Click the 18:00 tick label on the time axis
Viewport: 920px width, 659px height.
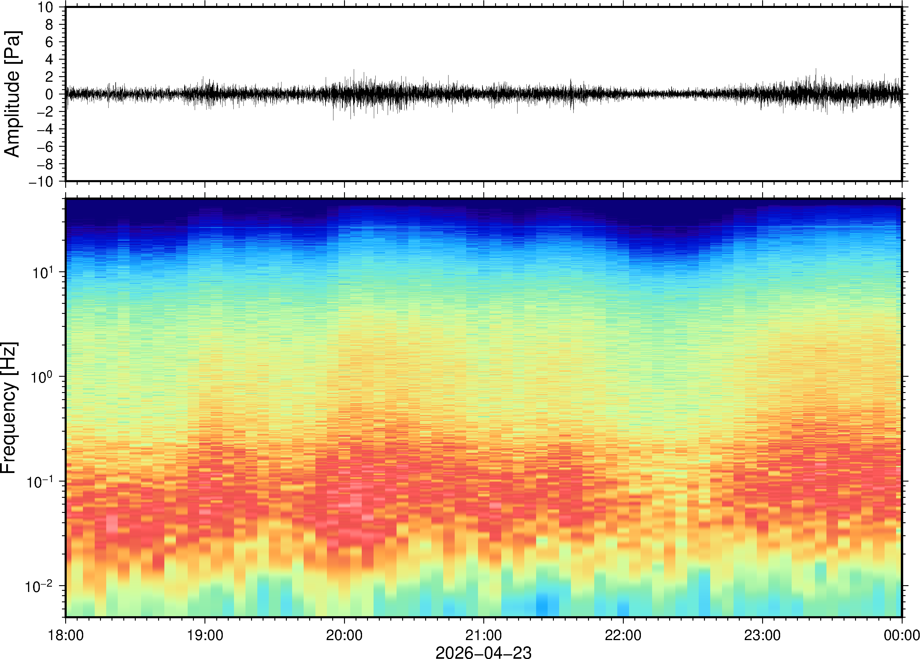coord(66,635)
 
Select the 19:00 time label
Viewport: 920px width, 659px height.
coord(205,635)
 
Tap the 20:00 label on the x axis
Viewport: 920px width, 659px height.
coord(344,635)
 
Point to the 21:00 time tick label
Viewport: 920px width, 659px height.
coord(483,635)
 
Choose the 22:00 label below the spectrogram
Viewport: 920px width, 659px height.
coord(623,635)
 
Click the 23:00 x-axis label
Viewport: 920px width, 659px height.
coord(762,635)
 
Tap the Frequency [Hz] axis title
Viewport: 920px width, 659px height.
coord(9,407)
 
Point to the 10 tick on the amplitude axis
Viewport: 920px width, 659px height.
coord(45,7)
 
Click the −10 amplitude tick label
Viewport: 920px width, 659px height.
coord(41,182)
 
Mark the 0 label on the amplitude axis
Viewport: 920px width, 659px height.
coord(50,94)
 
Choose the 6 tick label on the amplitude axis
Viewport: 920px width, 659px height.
coord(50,42)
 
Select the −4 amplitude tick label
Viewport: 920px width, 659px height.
coord(45,129)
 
